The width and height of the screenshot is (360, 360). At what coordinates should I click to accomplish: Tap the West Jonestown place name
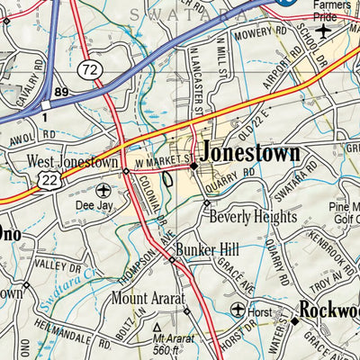coord(72,163)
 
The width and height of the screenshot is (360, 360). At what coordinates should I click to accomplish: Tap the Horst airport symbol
coord(238,310)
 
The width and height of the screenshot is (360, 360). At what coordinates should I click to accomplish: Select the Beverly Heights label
coord(252,217)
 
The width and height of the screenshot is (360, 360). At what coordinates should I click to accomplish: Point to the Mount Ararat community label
coord(148,297)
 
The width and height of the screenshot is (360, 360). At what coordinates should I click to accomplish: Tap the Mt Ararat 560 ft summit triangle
coord(159,328)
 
